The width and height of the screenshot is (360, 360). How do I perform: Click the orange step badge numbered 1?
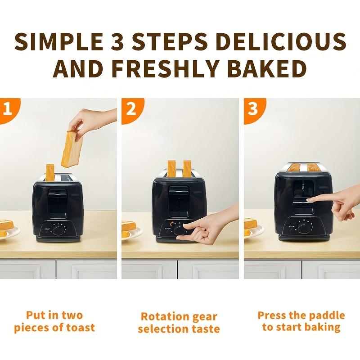pos(6,109)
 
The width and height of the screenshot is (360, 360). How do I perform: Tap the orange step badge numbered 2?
pos(130,109)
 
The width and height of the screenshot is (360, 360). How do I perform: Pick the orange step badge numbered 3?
pos(252,109)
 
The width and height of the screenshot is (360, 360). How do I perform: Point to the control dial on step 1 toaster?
pos(57,230)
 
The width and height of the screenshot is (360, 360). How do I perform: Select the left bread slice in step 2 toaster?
pos(171,168)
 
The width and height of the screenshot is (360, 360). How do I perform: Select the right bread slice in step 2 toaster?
pos(186,168)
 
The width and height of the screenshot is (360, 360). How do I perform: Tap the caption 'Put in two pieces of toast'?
pos(54,321)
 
